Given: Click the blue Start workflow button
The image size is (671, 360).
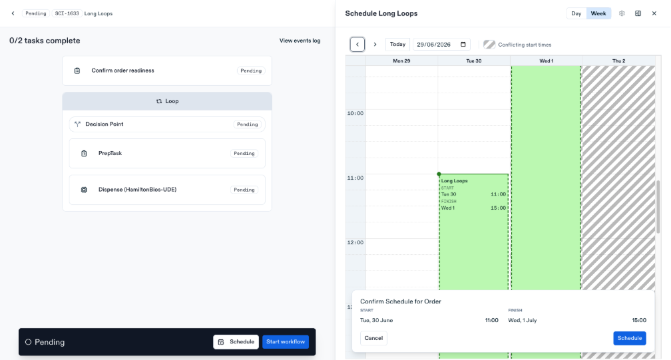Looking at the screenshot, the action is click(x=286, y=341).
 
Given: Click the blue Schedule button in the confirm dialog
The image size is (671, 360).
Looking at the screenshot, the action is click(x=630, y=338).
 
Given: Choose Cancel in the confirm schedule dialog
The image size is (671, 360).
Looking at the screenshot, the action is click(x=373, y=338).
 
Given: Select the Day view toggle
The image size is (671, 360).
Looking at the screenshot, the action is click(x=576, y=14).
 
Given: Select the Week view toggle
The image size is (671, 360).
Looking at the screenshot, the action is click(x=598, y=14).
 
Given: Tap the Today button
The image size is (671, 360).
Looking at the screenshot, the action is click(x=397, y=45).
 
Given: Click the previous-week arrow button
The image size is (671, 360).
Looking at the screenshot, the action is click(x=357, y=45).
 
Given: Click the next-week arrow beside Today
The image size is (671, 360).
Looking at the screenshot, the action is click(x=375, y=45).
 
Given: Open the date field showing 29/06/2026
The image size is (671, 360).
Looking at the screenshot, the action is click(x=441, y=45).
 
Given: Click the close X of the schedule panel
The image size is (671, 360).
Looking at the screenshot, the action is click(x=654, y=14).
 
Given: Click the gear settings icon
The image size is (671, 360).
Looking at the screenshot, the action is click(x=622, y=14).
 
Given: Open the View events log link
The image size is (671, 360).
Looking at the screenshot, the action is click(x=300, y=41).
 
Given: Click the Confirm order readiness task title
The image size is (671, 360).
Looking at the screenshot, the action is click(x=122, y=71).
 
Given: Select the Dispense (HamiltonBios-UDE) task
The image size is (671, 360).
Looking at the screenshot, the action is click(x=137, y=190).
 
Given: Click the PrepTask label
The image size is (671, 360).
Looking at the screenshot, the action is click(x=110, y=153).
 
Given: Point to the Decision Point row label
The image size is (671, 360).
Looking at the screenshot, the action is click(x=104, y=124).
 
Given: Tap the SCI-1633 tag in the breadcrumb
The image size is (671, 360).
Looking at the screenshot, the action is click(x=67, y=14).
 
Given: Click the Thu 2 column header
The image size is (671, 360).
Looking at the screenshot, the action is click(x=618, y=61).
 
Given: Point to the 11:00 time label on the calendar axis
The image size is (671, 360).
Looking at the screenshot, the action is click(x=355, y=178).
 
